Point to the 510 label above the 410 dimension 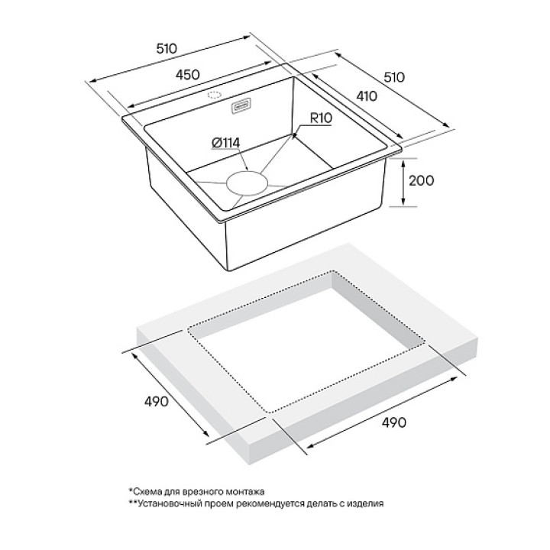[x=393, y=78]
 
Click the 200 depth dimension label [x=420, y=181]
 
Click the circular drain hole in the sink [x=244, y=183]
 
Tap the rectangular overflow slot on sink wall [x=242, y=105]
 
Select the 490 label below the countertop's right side [x=393, y=422]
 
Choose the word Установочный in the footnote [x=165, y=504]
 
